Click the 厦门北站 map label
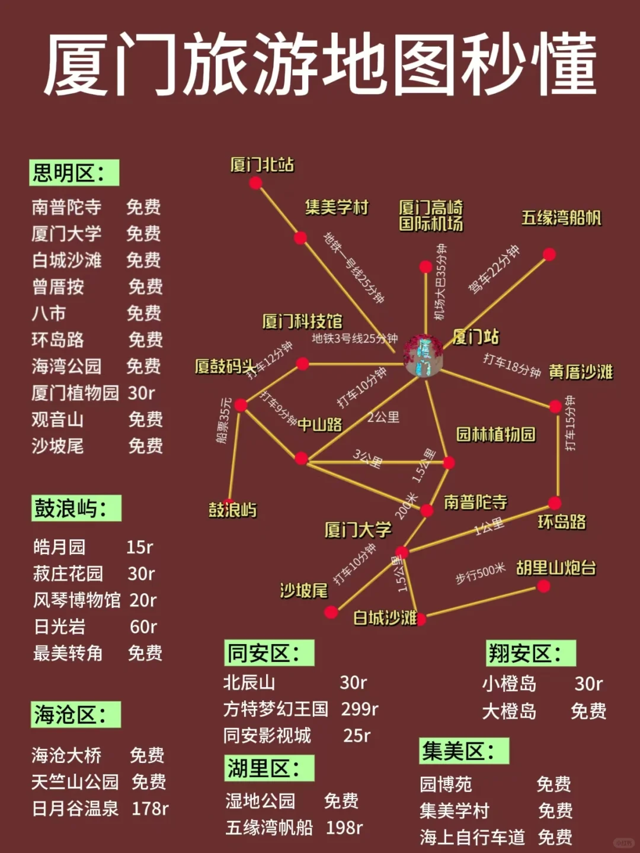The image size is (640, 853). [262, 165]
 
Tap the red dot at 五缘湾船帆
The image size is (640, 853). [549, 255]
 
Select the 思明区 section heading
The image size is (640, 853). [74, 173]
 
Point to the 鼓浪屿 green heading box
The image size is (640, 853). [76, 508]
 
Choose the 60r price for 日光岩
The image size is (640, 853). [143, 626]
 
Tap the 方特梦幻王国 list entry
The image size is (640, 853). [276, 709]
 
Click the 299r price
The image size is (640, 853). [360, 709]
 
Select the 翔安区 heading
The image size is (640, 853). [530, 654]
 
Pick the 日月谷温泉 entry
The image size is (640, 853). [75, 809]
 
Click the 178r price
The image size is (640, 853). [150, 809]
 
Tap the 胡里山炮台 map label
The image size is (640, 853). [556, 568]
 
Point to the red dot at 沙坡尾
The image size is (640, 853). [331, 612]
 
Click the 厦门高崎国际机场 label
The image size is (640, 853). [431, 215]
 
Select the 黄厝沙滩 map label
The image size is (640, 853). [581, 372]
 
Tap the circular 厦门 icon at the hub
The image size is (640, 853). [423, 356]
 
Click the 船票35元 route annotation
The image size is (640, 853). [224, 420]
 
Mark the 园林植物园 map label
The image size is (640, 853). [495, 434]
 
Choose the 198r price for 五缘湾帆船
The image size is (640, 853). [344, 828]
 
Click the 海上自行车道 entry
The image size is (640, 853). [472, 837]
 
